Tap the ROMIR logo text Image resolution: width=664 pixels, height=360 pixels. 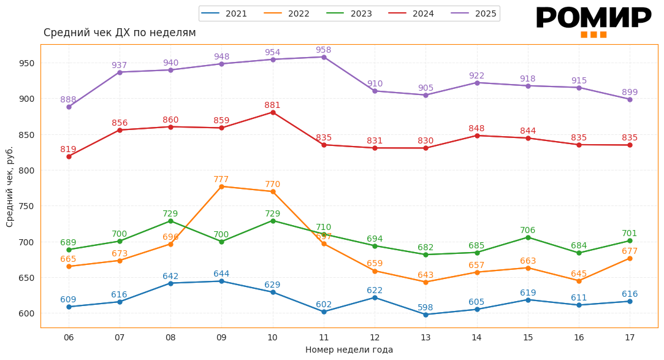click(593, 18)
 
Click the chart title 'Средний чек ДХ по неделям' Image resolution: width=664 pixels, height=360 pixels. click(120, 33)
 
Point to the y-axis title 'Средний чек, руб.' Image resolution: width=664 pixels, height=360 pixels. click(10, 186)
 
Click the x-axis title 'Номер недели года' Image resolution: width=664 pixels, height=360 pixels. click(349, 350)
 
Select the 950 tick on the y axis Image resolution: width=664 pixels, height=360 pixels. click(26, 63)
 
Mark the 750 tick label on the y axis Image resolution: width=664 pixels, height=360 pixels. click(26, 206)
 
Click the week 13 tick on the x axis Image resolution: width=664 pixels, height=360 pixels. click(425, 337)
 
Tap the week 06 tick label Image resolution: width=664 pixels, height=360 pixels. click(69, 337)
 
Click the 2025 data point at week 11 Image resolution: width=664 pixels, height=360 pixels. click(324, 57)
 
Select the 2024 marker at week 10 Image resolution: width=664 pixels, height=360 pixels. click(272, 112)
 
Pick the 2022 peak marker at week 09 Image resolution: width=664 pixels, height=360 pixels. click(221, 186)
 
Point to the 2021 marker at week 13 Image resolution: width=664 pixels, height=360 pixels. click(425, 315)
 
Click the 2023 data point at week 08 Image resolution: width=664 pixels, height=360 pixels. click(170, 221)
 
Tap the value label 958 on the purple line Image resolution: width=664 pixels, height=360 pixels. click(323, 50)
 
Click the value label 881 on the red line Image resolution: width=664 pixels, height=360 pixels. click(272, 105)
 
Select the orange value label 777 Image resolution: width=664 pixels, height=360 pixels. click(221, 179)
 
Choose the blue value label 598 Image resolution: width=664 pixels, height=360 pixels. click(425, 307)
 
